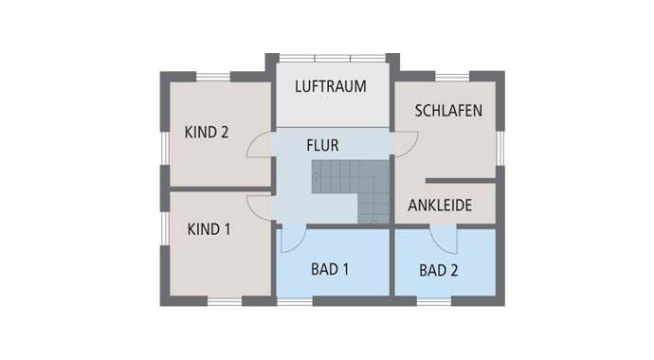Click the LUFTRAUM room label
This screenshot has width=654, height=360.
tap(330, 86)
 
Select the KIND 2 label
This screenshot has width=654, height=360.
tap(207, 133)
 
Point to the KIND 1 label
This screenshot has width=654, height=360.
tap(209, 228)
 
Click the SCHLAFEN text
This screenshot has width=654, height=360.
tap(448, 111)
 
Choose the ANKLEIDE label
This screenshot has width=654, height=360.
tap(440, 205)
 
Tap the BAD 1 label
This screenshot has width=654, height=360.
tap(330, 269)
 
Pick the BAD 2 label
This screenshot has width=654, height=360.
tap(439, 270)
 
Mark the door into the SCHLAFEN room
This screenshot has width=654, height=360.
tap(406, 143)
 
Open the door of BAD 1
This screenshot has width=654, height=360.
tap(292, 240)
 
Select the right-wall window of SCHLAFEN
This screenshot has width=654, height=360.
tap(500, 146)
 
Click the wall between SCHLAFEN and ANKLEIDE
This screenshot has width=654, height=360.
tap(461, 180)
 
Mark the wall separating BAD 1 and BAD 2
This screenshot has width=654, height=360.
tap(391, 265)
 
